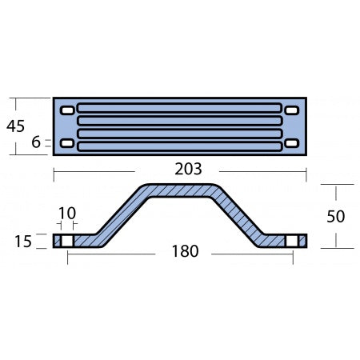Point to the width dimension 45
tap(14, 126)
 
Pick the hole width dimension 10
tap(66, 214)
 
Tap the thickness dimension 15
tap(24, 241)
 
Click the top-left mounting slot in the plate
tap(67, 110)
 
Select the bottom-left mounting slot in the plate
tap(67, 144)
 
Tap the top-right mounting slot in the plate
tap(292, 110)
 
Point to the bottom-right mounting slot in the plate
tap(292, 144)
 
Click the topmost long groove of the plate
tap(180, 110)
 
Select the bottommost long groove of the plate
tap(180, 145)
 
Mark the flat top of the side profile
tap(180, 190)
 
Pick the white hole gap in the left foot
tap(67, 241)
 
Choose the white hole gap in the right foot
tap(292, 241)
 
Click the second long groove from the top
tap(180, 122)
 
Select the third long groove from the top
tap(180, 133)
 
